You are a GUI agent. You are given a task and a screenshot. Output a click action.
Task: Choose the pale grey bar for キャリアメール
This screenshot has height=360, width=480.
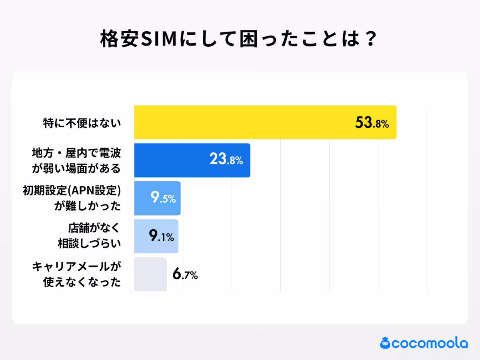[x=150, y=274]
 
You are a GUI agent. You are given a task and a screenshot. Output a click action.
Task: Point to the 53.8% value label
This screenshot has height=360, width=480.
[x=372, y=123]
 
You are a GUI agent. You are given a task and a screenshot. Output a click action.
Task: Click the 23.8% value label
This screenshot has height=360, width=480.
[x=226, y=160]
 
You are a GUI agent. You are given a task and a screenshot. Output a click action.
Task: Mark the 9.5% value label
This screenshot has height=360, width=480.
[x=163, y=198]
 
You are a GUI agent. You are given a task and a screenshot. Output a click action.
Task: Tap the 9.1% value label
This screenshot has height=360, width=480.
[x=161, y=236]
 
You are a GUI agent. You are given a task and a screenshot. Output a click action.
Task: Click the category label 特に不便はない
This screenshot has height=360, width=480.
[x=82, y=123]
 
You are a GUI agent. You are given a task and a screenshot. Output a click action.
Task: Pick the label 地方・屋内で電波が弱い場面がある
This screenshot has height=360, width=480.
[x=76, y=160]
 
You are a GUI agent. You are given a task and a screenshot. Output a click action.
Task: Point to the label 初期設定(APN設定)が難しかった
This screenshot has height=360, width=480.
[x=72, y=198]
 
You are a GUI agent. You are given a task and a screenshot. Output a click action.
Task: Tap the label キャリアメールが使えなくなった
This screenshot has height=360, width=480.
[x=76, y=274]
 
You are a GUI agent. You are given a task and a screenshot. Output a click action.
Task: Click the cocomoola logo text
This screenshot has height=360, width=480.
[x=430, y=343]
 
